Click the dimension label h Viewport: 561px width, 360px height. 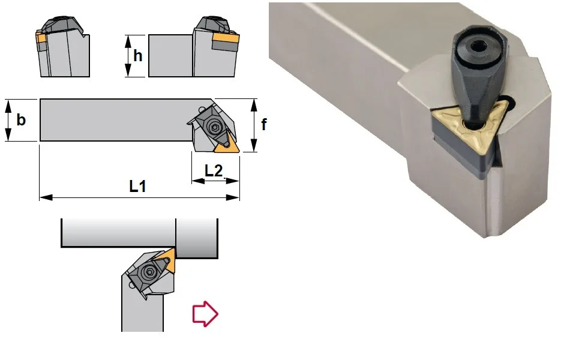click(x=138, y=56)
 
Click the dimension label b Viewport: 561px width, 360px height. click(x=21, y=119)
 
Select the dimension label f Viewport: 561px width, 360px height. click(x=264, y=124)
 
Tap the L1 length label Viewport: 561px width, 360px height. click(x=138, y=186)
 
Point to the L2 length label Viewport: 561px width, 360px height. click(x=214, y=170)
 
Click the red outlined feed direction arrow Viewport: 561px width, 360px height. click(x=205, y=314)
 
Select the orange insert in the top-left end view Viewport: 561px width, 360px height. click(x=40, y=37)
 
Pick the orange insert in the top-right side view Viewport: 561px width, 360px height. click(x=226, y=38)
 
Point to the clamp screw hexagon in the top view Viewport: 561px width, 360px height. click(x=215, y=127)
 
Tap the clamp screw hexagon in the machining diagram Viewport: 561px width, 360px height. click(x=148, y=272)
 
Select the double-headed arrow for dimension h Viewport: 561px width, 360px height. click(x=128, y=56)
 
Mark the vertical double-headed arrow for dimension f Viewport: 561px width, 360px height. click(x=254, y=125)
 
